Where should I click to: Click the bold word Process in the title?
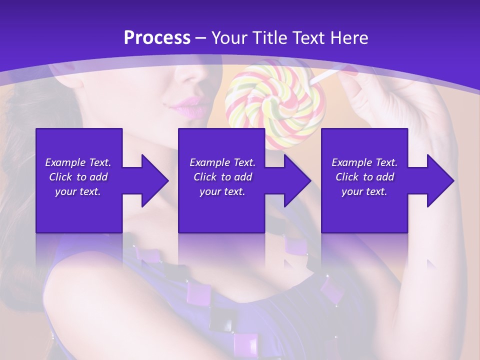157,37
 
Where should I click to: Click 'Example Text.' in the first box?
78,162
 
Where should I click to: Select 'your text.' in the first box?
78,191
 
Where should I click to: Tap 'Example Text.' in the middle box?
222,162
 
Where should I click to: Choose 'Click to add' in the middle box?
222,177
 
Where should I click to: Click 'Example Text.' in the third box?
364,162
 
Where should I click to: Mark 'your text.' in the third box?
364,191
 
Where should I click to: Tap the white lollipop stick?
325,76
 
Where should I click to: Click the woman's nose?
192,75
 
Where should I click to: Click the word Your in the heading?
228,37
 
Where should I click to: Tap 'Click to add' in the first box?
78,177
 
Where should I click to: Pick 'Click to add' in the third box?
364,177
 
